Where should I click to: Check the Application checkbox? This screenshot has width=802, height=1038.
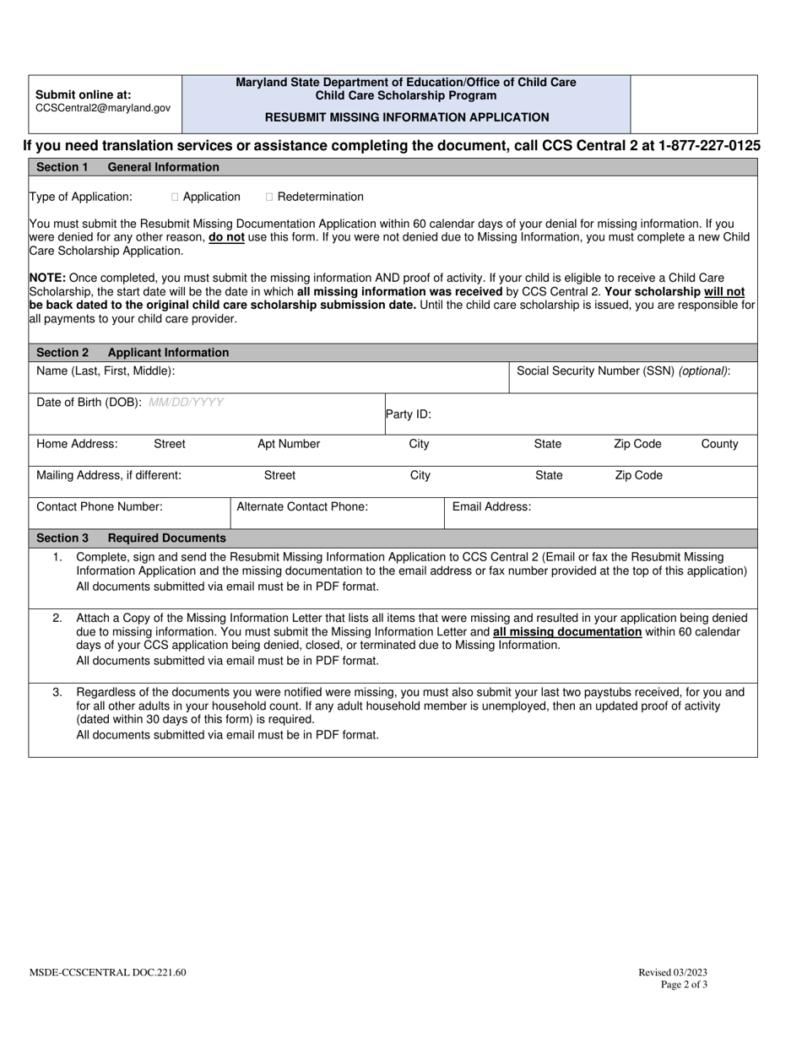click(x=175, y=197)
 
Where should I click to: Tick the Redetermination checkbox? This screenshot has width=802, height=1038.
click(x=269, y=197)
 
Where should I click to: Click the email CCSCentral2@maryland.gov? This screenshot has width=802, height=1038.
click(x=103, y=108)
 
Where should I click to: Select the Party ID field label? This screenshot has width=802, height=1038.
click(x=409, y=414)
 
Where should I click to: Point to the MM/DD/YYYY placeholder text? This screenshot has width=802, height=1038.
click(x=186, y=402)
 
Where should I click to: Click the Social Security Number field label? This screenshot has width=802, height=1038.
click(x=623, y=370)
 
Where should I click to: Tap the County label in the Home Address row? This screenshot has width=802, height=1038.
click(x=719, y=444)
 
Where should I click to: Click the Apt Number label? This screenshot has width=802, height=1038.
click(x=289, y=444)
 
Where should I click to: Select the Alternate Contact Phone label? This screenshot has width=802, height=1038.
click(x=302, y=506)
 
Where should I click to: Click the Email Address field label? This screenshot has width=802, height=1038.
click(x=492, y=506)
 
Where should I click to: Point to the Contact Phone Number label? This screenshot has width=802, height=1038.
click(x=100, y=506)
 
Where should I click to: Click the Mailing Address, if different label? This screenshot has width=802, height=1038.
click(x=109, y=475)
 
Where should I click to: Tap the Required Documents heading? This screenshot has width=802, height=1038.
click(x=166, y=538)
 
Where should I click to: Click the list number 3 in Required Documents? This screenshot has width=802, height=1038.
click(x=57, y=692)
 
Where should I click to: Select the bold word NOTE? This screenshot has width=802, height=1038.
click(x=47, y=277)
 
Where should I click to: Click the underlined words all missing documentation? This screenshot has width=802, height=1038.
click(x=567, y=631)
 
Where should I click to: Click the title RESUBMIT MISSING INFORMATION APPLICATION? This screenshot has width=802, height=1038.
click(x=406, y=117)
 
